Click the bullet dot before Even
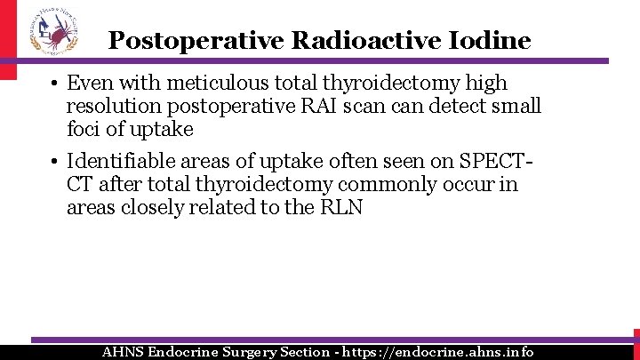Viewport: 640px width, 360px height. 54,84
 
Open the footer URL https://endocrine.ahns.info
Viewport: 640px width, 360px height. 439,352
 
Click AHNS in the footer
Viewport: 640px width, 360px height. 124,352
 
